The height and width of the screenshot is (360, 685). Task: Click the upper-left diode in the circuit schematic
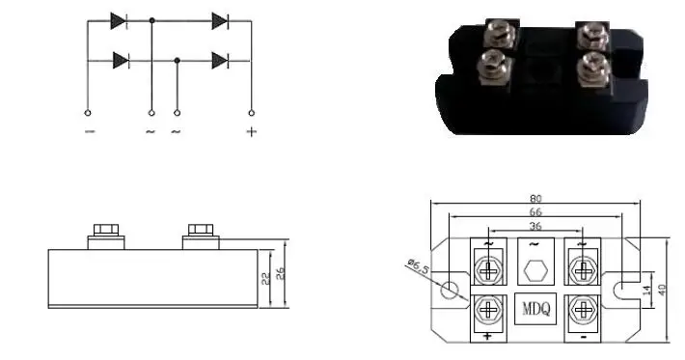pos(120,18)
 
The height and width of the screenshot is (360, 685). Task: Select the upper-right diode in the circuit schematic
pos(220,18)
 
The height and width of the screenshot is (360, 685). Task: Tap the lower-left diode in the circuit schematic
pos(121,60)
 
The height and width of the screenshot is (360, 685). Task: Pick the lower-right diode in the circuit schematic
pos(220,60)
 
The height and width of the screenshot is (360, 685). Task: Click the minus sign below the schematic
pos(89,131)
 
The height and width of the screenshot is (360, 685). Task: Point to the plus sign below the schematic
pos(251,131)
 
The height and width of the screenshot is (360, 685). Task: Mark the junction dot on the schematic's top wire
pos(151,18)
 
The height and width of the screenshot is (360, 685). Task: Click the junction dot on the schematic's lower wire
pos(177,60)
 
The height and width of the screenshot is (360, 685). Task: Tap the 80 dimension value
pos(535,197)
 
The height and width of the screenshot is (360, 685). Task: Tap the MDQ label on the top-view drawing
pos(535,310)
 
